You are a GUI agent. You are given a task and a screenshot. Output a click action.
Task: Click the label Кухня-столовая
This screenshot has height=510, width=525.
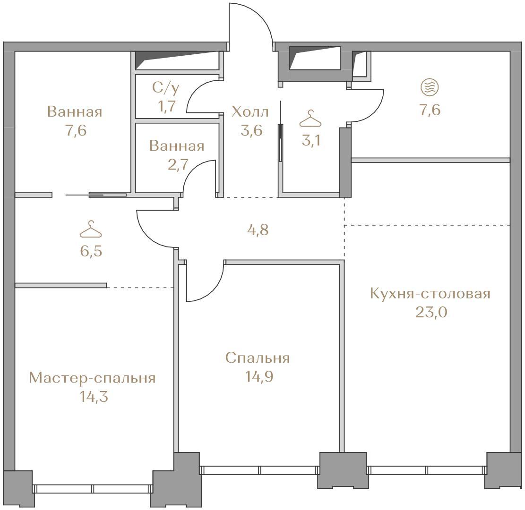430,294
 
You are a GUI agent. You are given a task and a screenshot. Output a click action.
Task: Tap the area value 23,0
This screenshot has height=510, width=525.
431,313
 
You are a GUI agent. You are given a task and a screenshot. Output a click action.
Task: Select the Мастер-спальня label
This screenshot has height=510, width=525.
93,378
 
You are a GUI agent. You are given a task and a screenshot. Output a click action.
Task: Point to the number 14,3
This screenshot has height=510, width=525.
94,397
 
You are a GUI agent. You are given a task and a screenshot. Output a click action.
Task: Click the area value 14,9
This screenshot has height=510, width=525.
259,377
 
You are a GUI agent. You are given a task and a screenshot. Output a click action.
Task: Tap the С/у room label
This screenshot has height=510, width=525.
166,88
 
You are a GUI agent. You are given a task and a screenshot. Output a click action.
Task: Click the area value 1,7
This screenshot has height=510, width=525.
166,106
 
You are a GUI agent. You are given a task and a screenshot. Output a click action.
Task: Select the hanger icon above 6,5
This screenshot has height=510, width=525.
91,229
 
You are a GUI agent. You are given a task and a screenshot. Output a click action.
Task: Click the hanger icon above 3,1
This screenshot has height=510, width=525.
310,119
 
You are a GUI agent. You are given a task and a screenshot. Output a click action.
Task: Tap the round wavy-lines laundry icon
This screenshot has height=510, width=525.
430,87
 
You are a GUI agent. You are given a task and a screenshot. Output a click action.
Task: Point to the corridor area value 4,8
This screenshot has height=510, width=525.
259,230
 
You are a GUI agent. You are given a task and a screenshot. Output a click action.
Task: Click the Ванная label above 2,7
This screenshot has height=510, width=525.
177,146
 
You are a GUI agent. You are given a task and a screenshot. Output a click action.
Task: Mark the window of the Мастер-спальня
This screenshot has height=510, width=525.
93,489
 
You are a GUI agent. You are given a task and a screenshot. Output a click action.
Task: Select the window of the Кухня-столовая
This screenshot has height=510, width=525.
427,470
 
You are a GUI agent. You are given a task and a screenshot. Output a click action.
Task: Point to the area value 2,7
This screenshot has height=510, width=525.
178,165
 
